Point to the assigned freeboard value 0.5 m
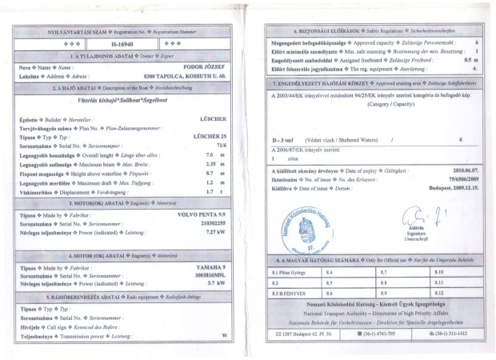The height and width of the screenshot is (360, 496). click(x=470, y=60)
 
